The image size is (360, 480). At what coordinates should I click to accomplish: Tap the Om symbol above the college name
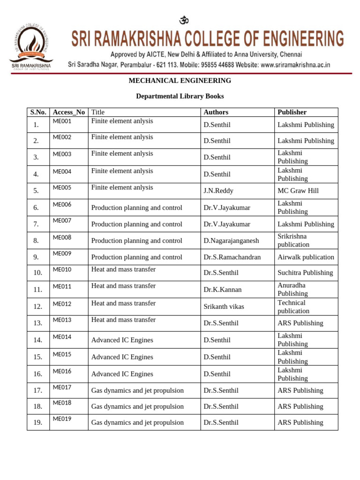click(184, 20)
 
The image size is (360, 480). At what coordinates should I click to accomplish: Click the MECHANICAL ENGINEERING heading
click(180, 81)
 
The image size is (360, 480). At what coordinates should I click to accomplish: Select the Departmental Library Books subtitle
click(180, 96)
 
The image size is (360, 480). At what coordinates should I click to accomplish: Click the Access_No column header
click(69, 112)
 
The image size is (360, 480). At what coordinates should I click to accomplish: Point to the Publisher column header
click(292, 112)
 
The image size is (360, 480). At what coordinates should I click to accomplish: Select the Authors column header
click(216, 112)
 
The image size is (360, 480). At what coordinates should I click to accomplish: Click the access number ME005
click(62, 187)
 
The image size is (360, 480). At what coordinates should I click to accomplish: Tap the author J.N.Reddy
click(218, 191)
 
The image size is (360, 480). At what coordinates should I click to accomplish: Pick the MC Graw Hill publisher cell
click(298, 191)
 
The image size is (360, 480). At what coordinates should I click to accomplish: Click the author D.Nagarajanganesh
click(231, 240)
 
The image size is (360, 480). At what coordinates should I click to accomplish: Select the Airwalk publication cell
click(306, 257)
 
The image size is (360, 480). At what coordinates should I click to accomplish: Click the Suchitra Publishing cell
click(305, 272)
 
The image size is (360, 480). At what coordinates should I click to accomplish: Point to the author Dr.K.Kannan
click(223, 289)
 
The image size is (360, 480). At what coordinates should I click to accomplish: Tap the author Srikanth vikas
click(224, 307)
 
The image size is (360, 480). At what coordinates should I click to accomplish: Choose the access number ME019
click(62, 419)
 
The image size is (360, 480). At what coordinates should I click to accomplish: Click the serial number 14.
click(38, 340)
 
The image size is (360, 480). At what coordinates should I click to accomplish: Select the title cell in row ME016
click(122, 374)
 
